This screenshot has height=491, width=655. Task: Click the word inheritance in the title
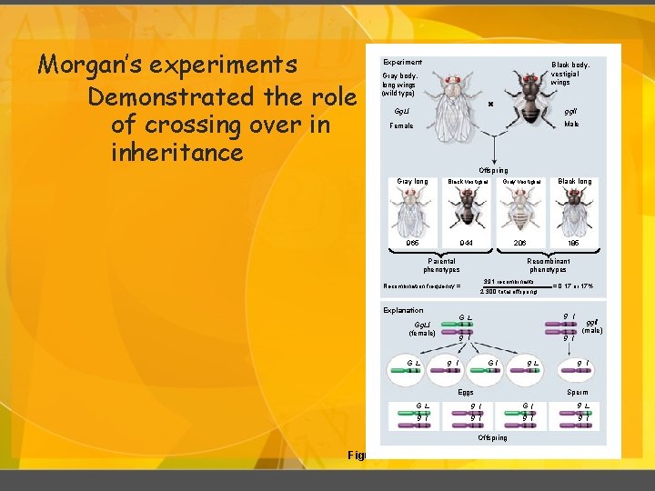click(x=176, y=153)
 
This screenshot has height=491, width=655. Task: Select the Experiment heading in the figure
click(x=402, y=62)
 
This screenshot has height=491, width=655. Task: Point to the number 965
click(x=412, y=243)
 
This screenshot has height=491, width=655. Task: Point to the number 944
click(x=467, y=243)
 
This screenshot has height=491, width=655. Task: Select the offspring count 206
click(x=521, y=243)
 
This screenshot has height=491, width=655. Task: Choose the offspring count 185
click(x=574, y=243)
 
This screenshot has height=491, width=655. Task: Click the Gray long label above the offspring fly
click(x=412, y=181)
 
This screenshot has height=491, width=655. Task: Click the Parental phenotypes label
click(x=441, y=265)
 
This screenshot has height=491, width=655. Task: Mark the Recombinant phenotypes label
click(x=547, y=265)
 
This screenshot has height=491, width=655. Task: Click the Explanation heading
click(x=403, y=310)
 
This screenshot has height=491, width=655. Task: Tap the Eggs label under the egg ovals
click(x=466, y=392)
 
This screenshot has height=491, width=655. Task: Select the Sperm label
click(x=577, y=392)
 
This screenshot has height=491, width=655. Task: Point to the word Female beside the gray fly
click(x=401, y=125)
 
